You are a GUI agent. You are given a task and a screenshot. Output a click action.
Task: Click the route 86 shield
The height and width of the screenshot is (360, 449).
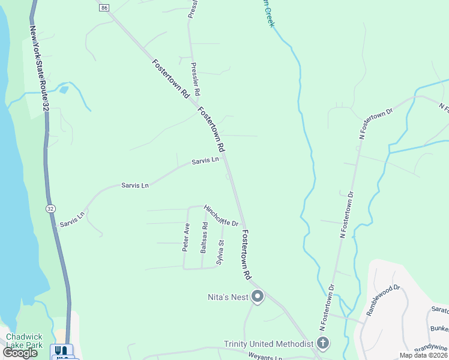coord(105,8)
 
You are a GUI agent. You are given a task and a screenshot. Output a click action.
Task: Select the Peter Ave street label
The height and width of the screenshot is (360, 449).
coord(187,236)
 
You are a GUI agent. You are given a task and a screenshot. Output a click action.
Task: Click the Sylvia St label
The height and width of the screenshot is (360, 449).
coord(221,252)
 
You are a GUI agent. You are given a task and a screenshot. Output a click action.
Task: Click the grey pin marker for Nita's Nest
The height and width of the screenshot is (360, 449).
coord(258,296)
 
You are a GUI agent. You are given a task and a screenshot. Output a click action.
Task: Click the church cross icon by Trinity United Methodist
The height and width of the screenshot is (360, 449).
coord(323,344)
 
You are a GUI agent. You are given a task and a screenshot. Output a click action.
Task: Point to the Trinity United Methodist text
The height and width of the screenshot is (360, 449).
coord(269,344)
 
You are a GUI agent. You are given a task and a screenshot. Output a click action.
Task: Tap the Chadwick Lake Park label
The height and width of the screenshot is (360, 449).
coord(25,341)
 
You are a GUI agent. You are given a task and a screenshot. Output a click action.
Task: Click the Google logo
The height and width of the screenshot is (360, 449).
coord(20,353)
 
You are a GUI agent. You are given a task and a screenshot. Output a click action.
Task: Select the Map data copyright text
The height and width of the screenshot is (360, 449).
coord(424,355)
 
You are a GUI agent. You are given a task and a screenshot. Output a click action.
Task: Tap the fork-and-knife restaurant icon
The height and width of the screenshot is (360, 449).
coord(61,350)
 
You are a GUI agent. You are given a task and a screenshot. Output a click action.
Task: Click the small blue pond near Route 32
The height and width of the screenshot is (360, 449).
coord(64,91)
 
